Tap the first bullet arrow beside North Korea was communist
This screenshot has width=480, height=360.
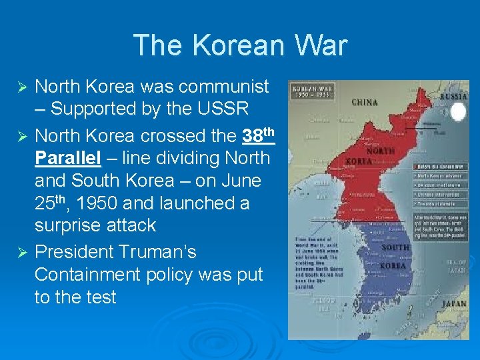21,87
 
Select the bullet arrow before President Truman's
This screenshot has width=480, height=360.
21,253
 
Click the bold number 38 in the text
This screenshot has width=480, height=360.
253,137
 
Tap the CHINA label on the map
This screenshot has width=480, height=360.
365,102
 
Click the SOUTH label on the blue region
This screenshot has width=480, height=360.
395,248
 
